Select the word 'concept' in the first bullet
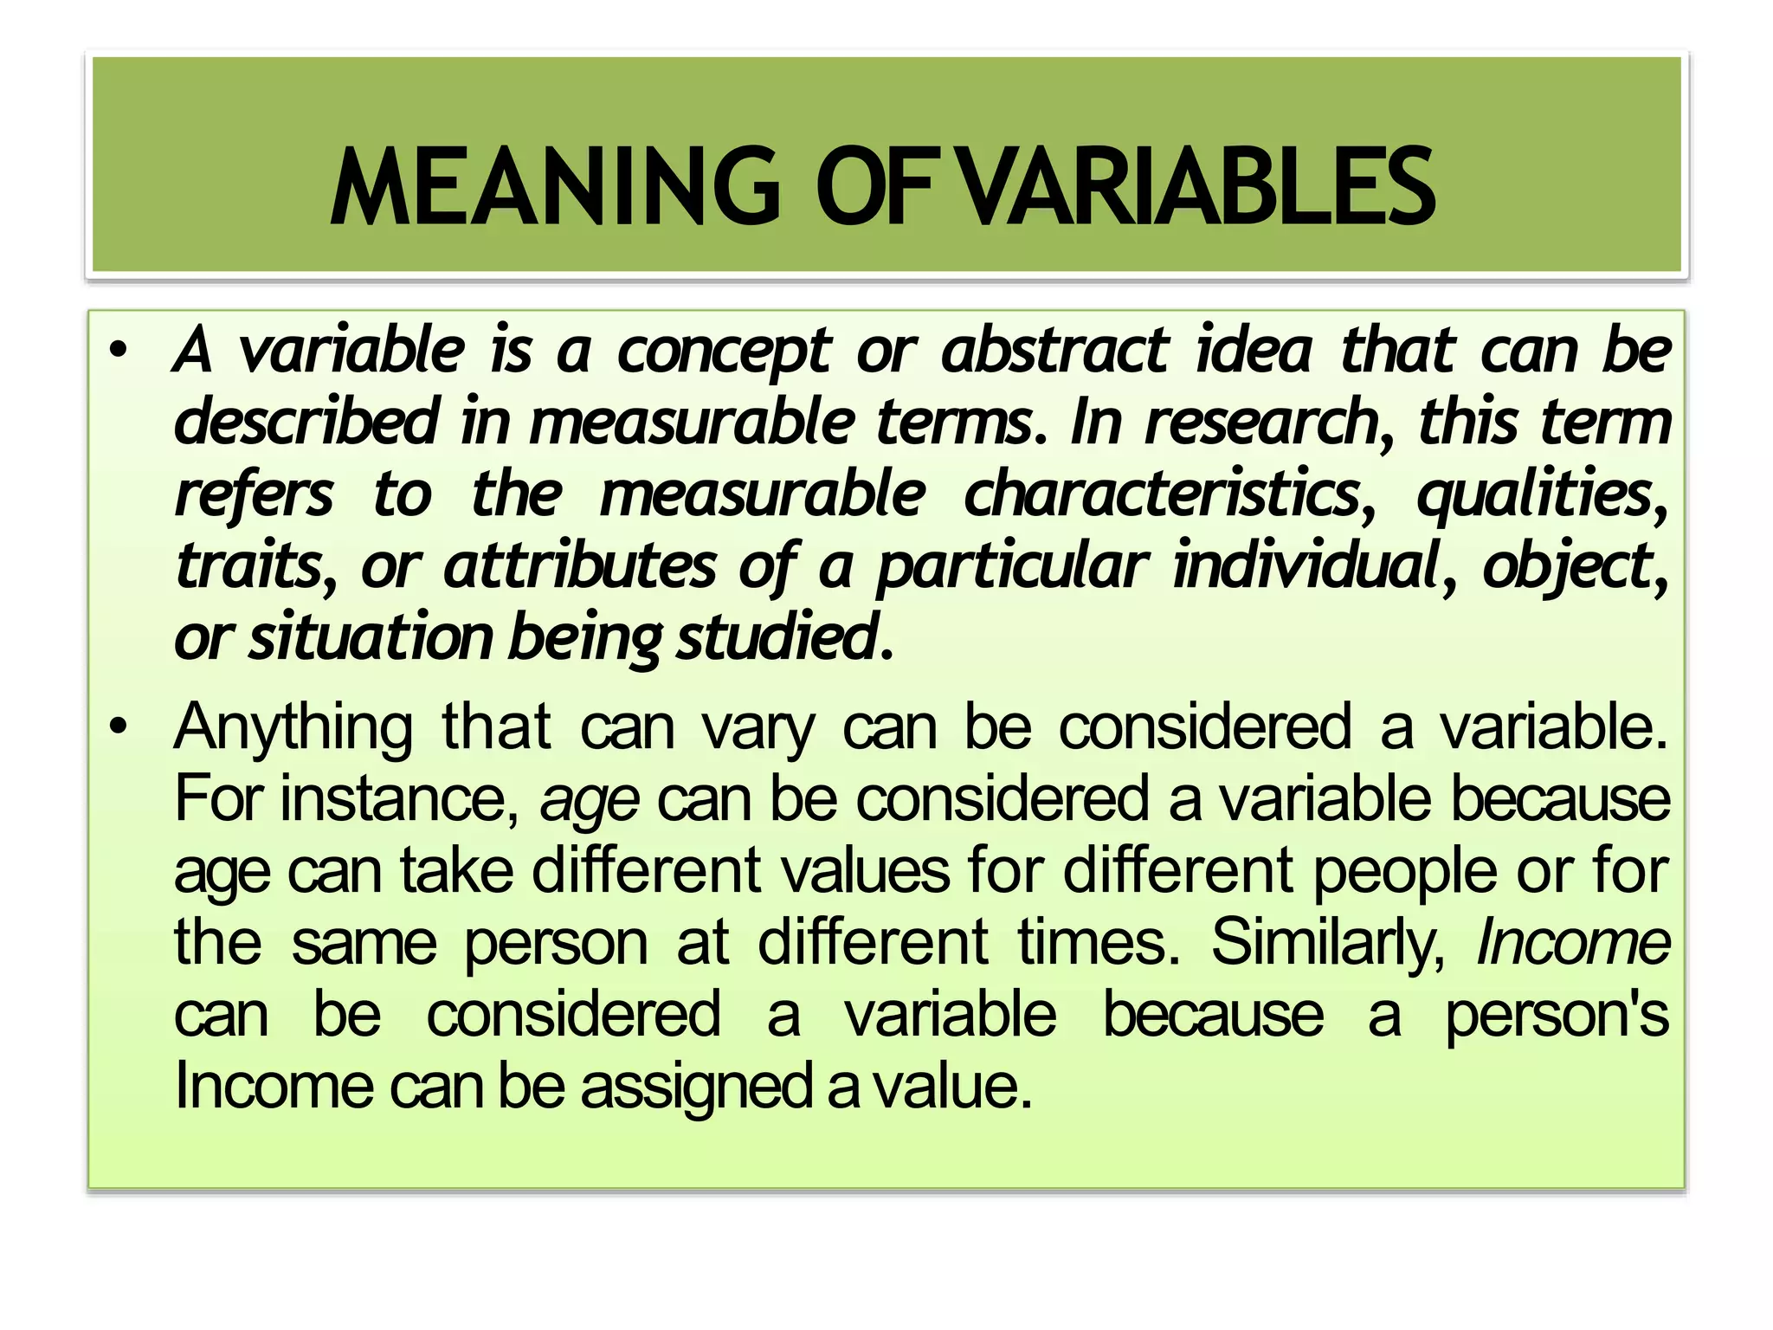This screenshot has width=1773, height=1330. point(724,352)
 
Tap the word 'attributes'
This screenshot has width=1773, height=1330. point(579,566)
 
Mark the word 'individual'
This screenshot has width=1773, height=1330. point(1304,566)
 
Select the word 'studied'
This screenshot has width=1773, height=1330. point(776,637)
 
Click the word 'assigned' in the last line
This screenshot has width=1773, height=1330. point(696,1088)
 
